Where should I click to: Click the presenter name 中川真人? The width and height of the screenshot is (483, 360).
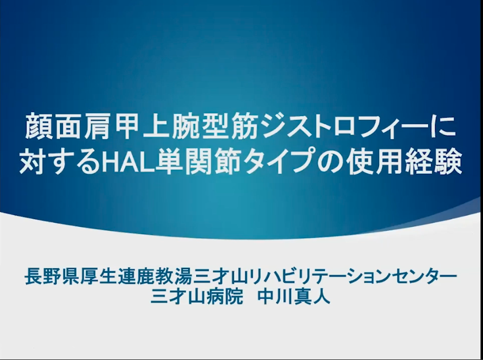294,297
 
